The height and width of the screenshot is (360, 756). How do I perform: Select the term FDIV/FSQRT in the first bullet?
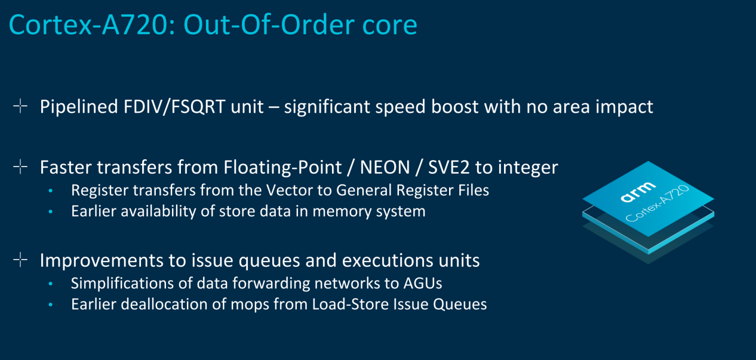(174, 107)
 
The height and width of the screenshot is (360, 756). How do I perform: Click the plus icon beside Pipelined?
(20, 106)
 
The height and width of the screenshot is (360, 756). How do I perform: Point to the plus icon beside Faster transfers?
(20, 167)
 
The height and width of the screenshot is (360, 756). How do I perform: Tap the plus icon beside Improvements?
(20, 260)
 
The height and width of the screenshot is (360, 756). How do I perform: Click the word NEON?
(385, 167)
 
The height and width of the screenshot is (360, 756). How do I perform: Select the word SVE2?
(449, 167)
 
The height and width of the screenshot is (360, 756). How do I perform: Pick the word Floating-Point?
(282, 168)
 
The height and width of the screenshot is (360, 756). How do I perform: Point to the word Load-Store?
(350, 304)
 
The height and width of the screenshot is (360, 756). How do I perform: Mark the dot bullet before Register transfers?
(51, 191)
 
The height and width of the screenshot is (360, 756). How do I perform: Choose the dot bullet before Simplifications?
(51, 284)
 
